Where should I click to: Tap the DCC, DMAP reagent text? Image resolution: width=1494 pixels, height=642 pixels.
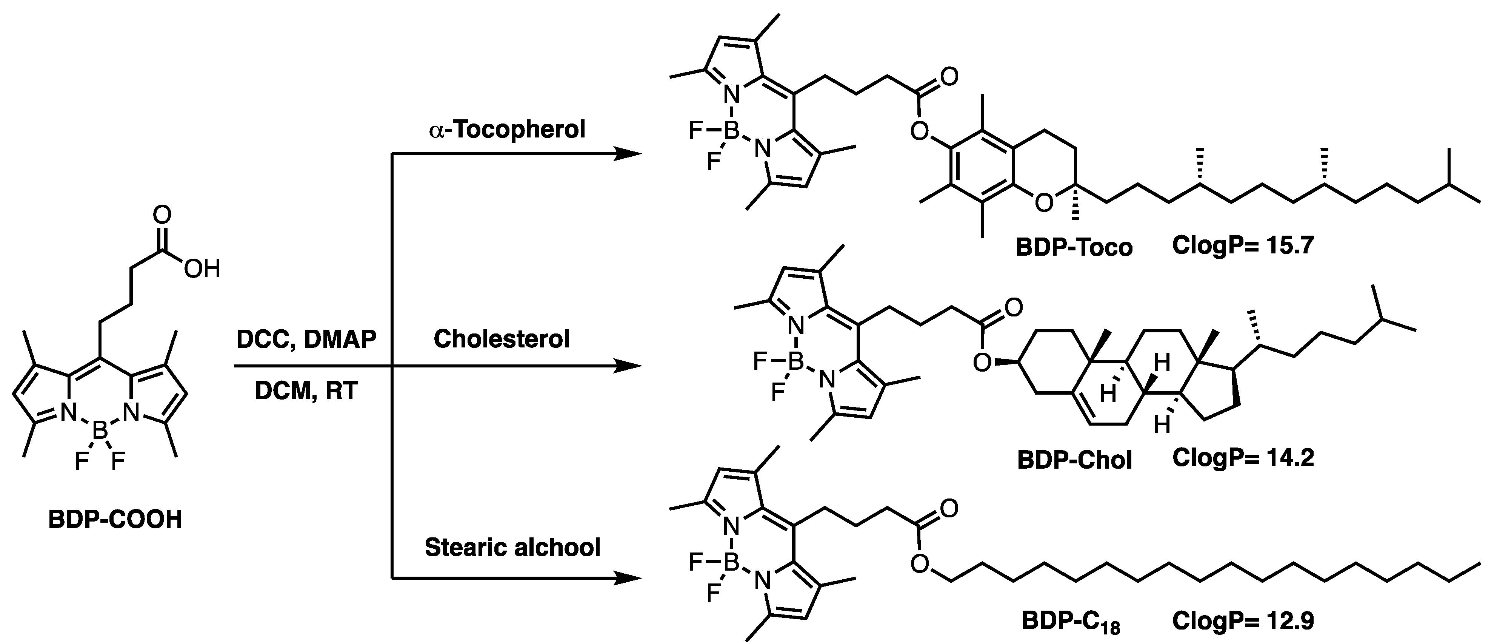pyautogui.click(x=306, y=339)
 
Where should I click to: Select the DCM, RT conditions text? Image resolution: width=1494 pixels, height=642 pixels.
pyautogui.click(x=306, y=391)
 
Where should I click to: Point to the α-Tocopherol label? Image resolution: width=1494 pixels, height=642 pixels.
pyautogui.click(x=507, y=130)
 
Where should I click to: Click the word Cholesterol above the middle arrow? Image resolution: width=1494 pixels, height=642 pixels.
pyautogui.click(x=502, y=339)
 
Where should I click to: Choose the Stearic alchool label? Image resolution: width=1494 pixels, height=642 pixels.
pyautogui.click(x=512, y=547)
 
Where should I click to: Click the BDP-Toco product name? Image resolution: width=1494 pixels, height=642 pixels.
pyautogui.click(x=1074, y=247)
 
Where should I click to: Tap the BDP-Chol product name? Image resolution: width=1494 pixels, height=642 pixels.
pyautogui.click(x=1074, y=460)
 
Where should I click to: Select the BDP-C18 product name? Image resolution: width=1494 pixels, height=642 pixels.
pyautogui.click(x=1071, y=622)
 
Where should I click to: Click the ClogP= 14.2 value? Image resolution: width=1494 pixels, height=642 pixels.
pyautogui.click(x=1243, y=458)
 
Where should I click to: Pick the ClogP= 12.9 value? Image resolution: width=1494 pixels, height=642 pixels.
pyautogui.click(x=1243, y=621)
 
